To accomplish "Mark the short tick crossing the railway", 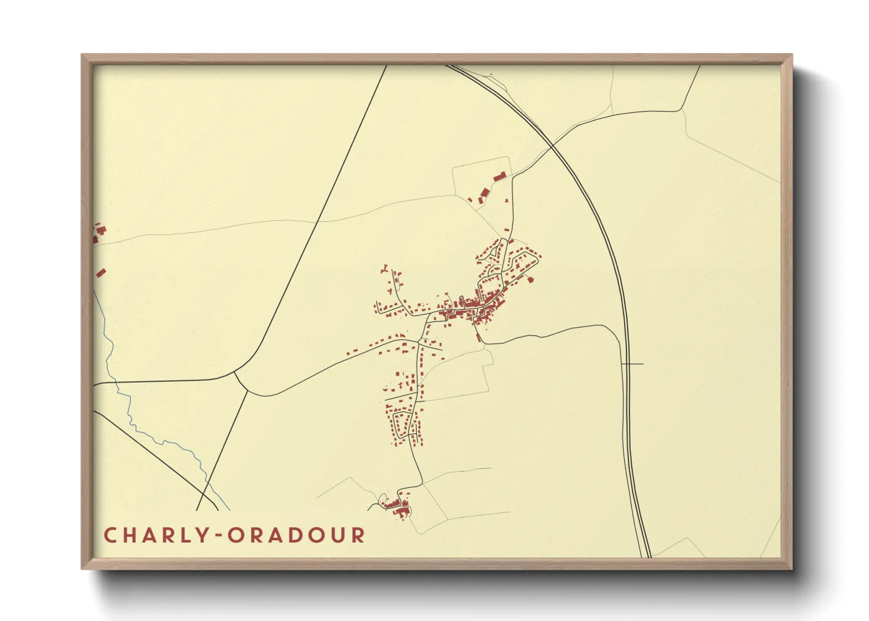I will [x=632, y=364].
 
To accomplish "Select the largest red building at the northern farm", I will [x=499, y=176].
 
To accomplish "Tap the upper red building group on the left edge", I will [x=99, y=231].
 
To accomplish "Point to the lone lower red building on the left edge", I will [x=101, y=272].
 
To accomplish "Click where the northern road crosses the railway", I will [x=554, y=144].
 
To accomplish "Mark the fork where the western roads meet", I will [x=235, y=372].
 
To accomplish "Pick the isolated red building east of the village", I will [x=530, y=280].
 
